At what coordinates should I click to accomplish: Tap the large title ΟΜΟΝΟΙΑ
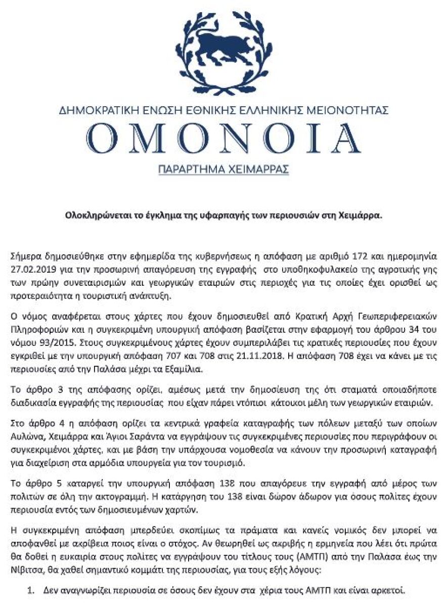(x=223, y=138)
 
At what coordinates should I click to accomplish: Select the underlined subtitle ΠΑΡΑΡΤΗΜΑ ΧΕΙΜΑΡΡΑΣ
(x=223, y=169)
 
